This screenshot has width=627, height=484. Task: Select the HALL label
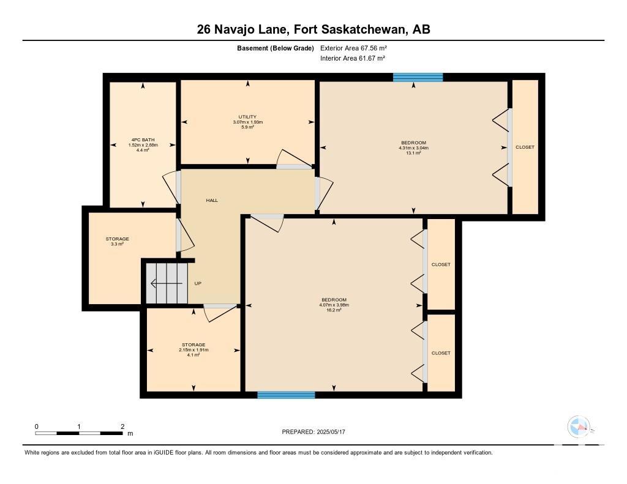point(212,200)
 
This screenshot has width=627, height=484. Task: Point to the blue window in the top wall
point(418,78)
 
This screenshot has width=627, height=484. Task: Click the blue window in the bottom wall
point(287,395)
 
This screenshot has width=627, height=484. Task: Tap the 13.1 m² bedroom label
point(413,147)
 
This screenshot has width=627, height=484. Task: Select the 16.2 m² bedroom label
point(334,305)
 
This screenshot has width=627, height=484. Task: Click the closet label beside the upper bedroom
point(525,147)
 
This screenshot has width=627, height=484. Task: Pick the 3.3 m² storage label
point(117,241)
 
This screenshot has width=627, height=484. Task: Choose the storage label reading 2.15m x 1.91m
point(193,350)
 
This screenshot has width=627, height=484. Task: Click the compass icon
point(579,427)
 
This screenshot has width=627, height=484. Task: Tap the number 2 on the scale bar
point(122,426)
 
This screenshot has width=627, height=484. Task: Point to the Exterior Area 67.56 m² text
point(353,48)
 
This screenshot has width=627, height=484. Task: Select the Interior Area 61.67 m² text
point(353,58)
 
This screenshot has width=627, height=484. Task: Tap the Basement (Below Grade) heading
point(276,48)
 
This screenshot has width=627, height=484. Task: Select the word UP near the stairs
point(198,283)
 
